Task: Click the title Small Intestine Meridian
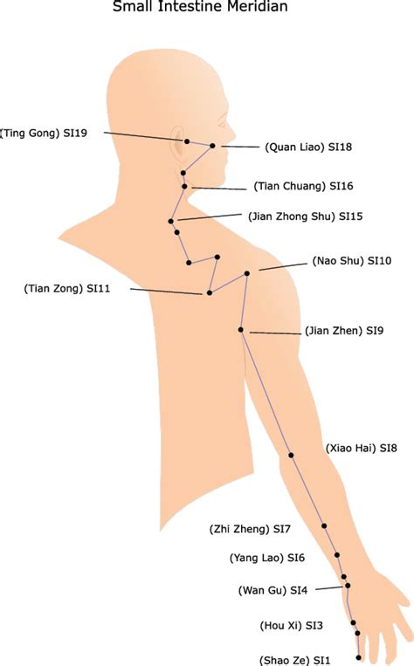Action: [x=200, y=6]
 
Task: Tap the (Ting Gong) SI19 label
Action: [x=44, y=134]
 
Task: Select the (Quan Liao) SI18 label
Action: [x=308, y=148]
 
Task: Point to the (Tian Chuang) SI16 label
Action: [x=303, y=186]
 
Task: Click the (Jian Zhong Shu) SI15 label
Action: [x=305, y=216]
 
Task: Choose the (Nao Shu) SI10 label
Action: [x=352, y=261]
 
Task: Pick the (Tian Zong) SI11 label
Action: [x=67, y=289]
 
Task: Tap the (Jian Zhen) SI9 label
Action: [x=344, y=331]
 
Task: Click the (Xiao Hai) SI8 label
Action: [x=362, y=448]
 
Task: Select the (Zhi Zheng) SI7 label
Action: [x=250, y=529]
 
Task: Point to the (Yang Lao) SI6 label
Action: [x=267, y=558]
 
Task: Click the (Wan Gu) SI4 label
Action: [x=273, y=590]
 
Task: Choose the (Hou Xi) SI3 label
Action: [x=291, y=626]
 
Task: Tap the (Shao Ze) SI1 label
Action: [x=294, y=661]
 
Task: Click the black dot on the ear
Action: [x=187, y=141]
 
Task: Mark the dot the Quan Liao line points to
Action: [x=212, y=146]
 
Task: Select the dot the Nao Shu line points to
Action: [x=247, y=273]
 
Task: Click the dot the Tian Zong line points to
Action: [x=209, y=292]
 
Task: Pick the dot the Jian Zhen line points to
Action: [x=240, y=330]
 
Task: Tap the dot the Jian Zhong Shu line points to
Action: [x=171, y=222]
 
